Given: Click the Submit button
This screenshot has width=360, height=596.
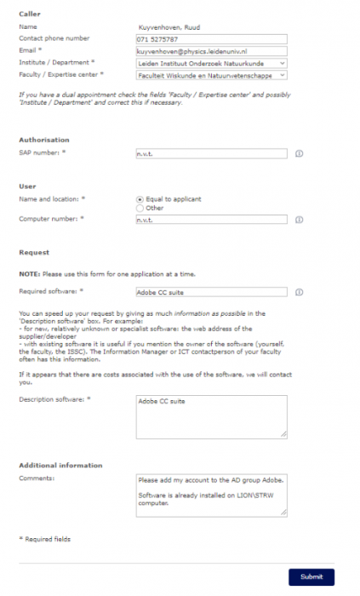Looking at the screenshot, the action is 311,576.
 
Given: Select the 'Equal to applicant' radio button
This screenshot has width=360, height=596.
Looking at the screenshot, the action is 140,199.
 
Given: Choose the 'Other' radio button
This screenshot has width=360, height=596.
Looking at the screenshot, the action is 140,208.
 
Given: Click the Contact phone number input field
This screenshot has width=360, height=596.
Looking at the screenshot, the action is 211,39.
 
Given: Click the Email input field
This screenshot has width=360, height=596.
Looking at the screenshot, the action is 211,51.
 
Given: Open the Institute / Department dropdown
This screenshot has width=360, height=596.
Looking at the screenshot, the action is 211,63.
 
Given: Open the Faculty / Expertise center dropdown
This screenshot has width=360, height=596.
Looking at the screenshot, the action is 211,75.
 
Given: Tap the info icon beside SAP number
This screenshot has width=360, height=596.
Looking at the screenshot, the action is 299,154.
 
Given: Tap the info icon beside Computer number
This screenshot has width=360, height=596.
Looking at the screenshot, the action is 299,220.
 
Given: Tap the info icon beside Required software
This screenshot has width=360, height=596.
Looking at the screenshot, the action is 299,292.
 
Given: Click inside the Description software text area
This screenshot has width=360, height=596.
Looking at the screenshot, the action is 211,416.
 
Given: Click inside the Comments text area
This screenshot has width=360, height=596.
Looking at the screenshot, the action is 211,495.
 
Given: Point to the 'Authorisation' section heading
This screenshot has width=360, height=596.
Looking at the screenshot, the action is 44,140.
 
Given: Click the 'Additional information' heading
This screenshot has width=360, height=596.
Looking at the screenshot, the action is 60,466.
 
